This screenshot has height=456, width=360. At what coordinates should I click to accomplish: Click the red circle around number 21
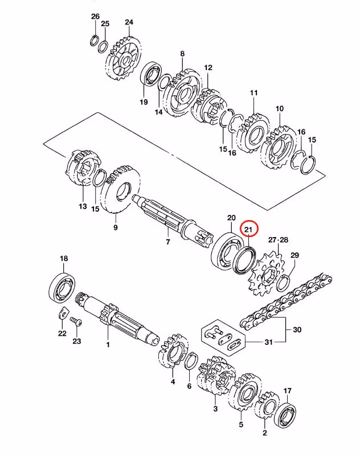coord(248,229)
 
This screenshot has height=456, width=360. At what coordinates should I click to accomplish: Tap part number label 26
coord(95,16)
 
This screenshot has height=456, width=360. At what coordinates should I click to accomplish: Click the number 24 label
coord(129,22)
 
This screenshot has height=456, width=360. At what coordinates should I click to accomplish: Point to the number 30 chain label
coord(297,330)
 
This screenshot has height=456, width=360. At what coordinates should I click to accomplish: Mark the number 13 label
coord(83,206)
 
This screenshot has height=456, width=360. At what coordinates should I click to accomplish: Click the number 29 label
coord(294,255)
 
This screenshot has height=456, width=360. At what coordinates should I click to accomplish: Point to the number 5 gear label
coord(241,424)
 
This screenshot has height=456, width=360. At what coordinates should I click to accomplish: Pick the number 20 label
coord(231,218)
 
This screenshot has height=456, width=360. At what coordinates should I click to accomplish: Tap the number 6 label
coord(189,386)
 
